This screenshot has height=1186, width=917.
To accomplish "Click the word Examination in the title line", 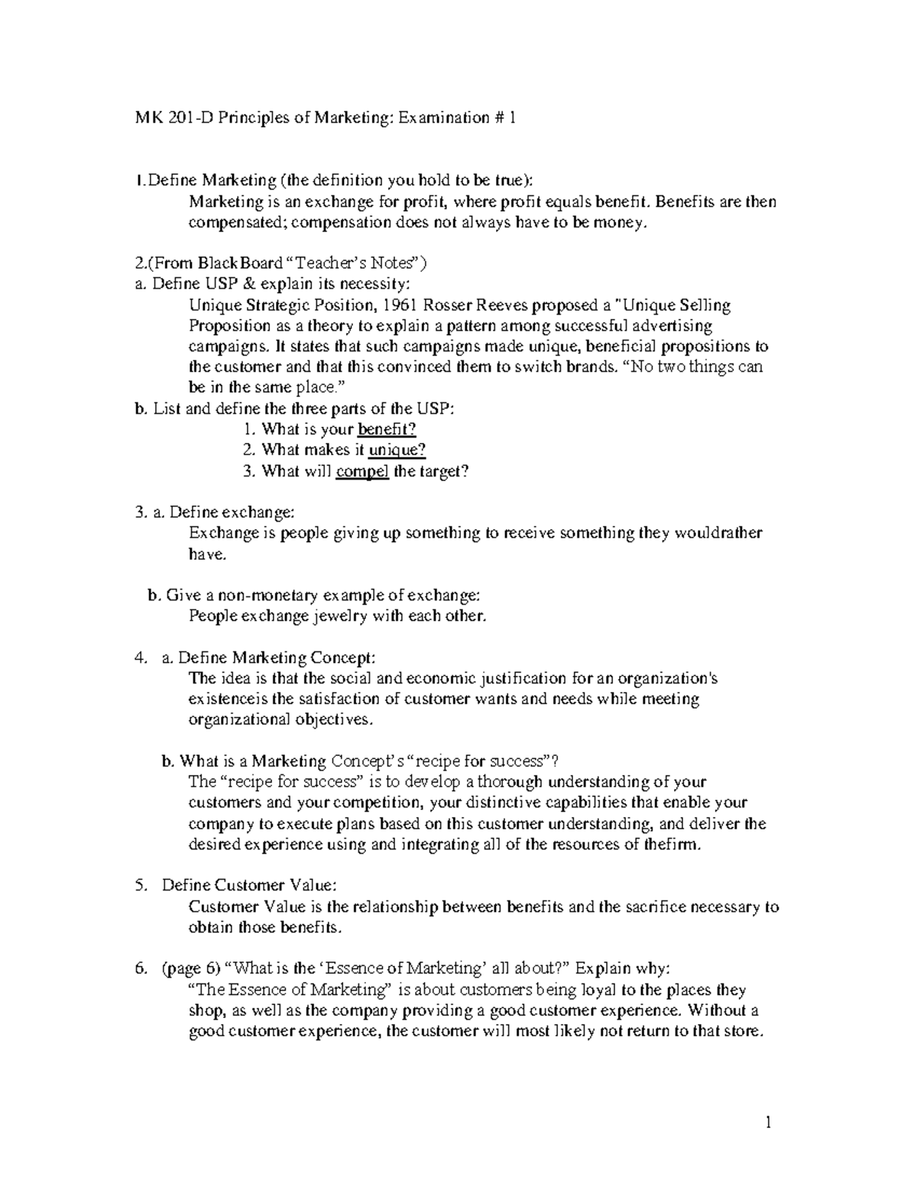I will point(442,118).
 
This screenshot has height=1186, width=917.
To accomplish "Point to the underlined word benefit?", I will point(387,429).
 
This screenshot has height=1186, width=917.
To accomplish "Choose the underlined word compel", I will point(362,471).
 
